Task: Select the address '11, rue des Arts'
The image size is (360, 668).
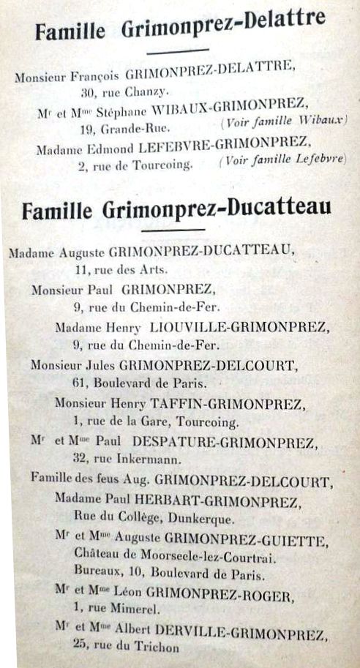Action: (121, 270)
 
